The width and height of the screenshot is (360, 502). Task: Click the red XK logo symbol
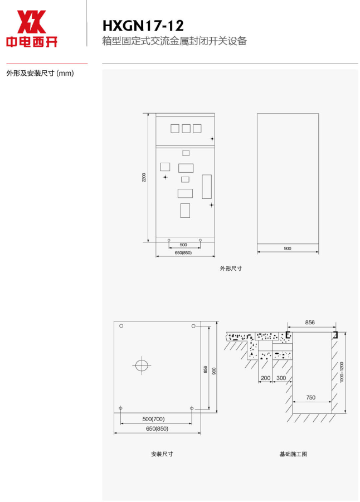pos(31,21)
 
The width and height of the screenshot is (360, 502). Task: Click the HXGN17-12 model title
pos(143,26)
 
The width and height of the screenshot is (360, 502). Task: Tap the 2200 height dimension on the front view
pos(144,177)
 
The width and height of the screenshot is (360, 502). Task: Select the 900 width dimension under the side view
pos(288,248)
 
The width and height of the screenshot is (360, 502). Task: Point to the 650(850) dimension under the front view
pos(183,252)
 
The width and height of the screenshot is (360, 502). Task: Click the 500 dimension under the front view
pos(183,245)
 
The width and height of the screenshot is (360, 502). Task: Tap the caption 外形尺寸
pos(231,269)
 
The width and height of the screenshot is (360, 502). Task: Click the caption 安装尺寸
pos(162,454)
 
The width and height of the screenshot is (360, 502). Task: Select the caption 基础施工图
pos(293,454)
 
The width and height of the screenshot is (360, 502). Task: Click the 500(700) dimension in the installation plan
pos(153,419)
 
